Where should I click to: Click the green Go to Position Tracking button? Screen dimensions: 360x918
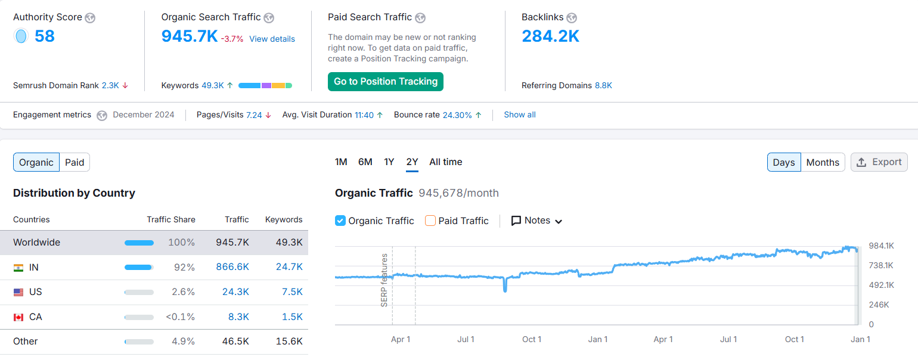[386, 82]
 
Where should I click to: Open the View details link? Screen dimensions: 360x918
[272, 39]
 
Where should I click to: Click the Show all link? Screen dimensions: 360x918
[520, 114]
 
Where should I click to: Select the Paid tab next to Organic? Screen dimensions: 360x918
[75, 162]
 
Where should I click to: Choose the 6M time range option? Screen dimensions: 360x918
[365, 162]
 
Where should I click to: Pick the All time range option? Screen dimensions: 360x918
[445, 162]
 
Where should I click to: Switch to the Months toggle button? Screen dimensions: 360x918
[823, 162]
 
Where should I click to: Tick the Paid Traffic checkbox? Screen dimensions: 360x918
[430, 221]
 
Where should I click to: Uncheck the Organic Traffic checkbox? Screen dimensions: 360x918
[340, 221]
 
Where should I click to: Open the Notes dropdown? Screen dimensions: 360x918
[536, 221]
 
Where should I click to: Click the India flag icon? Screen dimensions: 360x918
[18, 268]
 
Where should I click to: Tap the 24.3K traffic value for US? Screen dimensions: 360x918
[236, 292]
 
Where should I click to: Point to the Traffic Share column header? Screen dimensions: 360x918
[171, 219]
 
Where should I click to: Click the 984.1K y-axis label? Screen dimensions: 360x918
[881, 246]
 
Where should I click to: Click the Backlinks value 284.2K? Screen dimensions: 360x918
[550, 36]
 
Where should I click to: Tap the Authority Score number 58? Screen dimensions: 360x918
[45, 36]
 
